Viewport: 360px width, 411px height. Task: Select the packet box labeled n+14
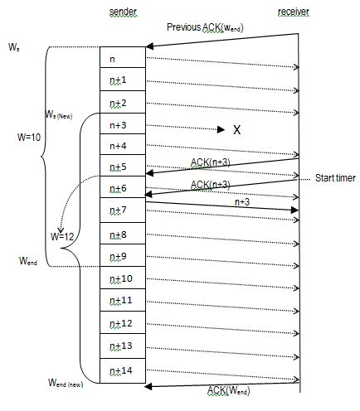(123, 372)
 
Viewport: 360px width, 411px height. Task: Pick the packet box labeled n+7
(123, 212)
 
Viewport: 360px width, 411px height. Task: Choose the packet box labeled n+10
(123, 278)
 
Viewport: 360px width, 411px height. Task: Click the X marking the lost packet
(236, 130)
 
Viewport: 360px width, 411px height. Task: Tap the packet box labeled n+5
(123, 168)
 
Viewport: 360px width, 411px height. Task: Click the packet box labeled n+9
(123, 256)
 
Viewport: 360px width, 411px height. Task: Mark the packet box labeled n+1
(123, 81)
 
